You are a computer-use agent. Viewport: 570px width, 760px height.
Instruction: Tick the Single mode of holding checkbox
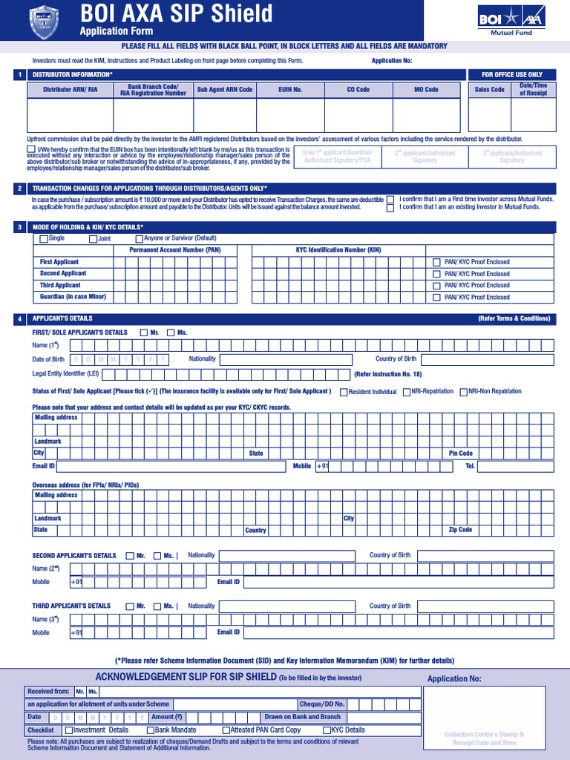tap(44, 239)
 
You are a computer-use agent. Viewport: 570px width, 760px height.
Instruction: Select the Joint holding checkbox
tap(94, 239)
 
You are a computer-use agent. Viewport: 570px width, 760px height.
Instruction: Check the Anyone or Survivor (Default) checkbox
tap(140, 239)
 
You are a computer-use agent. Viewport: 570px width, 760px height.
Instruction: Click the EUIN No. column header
tap(290, 90)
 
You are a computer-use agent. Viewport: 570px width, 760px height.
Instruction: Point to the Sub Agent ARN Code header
tap(224, 90)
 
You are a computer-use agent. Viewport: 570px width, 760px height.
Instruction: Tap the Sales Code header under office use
tap(489, 90)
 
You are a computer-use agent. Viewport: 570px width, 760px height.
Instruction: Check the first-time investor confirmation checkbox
tap(390, 200)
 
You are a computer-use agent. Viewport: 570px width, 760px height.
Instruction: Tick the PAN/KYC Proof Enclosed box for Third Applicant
tap(436, 286)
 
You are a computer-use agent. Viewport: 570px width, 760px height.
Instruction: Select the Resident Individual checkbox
tap(344, 392)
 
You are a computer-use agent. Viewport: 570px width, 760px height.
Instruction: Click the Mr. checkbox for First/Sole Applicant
tap(144, 332)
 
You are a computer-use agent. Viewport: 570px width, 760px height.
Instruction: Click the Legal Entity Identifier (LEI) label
tap(65, 373)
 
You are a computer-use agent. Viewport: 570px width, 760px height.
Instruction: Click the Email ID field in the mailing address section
tap(171, 467)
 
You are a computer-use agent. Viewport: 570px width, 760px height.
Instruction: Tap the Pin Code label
tap(460, 453)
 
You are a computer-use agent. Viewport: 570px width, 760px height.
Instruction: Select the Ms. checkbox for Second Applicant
tap(157, 556)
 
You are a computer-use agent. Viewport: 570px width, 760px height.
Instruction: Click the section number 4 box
tap(20, 319)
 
